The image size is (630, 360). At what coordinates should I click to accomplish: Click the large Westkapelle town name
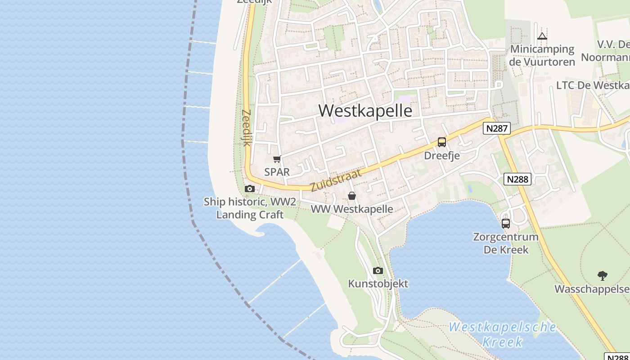click(x=365, y=110)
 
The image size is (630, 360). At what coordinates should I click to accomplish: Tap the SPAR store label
click(x=277, y=172)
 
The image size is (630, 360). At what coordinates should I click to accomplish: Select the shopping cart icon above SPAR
click(x=277, y=159)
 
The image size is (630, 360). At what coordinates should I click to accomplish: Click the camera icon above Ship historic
click(x=250, y=189)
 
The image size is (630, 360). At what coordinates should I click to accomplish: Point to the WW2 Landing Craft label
click(x=250, y=208)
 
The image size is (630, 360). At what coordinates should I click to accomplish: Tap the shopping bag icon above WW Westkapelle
click(x=352, y=196)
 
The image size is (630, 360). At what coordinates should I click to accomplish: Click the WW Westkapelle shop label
click(x=352, y=209)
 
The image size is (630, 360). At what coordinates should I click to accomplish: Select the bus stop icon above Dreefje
click(x=442, y=142)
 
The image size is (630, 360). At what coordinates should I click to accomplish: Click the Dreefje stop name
click(x=442, y=156)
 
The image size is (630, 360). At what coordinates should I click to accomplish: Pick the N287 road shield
click(x=497, y=129)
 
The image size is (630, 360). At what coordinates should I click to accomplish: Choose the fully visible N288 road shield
click(x=517, y=179)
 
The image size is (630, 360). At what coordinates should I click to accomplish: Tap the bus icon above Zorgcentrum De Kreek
click(x=506, y=224)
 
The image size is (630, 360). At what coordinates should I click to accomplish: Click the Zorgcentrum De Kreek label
click(x=506, y=243)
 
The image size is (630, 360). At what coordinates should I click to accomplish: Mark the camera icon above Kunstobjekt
click(x=378, y=270)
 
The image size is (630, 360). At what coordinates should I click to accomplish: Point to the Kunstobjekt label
click(x=378, y=283)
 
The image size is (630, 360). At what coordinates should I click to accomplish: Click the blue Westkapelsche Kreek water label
click(x=502, y=334)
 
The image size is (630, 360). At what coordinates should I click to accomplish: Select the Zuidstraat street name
click(x=336, y=180)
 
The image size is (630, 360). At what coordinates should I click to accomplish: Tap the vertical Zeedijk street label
click(x=246, y=128)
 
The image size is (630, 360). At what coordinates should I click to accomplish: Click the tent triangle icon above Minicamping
click(x=542, y=36)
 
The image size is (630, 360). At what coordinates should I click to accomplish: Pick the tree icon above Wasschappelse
click(x=602, y=275)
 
